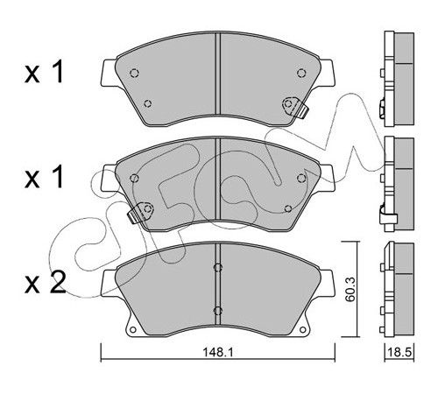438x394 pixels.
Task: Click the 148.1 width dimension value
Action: pyautogui.click(x=218, y=353)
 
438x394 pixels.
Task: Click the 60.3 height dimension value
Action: pyautogui.click(x=350, y=289)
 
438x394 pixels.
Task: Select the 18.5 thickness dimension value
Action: pyautogui.click(x=399, y=352)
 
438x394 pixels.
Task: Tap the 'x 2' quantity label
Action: pyautogui.click(x=46, y=283)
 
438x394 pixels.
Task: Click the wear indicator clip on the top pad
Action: pyautogui.click(x=295, y=106)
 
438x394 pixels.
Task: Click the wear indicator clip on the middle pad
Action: pyautogui.click(x=141, y=212)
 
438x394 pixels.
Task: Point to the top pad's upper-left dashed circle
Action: pyautogui.click(x=134, y=73)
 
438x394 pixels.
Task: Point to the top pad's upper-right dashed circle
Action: pyautogui.click(x=301, y=73)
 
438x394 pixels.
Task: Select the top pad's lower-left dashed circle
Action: pyautogui.click(x=148, y=103)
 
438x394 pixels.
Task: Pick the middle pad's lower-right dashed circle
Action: pyautogui.click(x=288, y=208)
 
